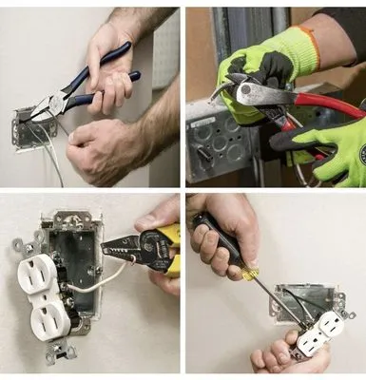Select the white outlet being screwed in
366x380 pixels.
pyautogui.click(x=320, y=334)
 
